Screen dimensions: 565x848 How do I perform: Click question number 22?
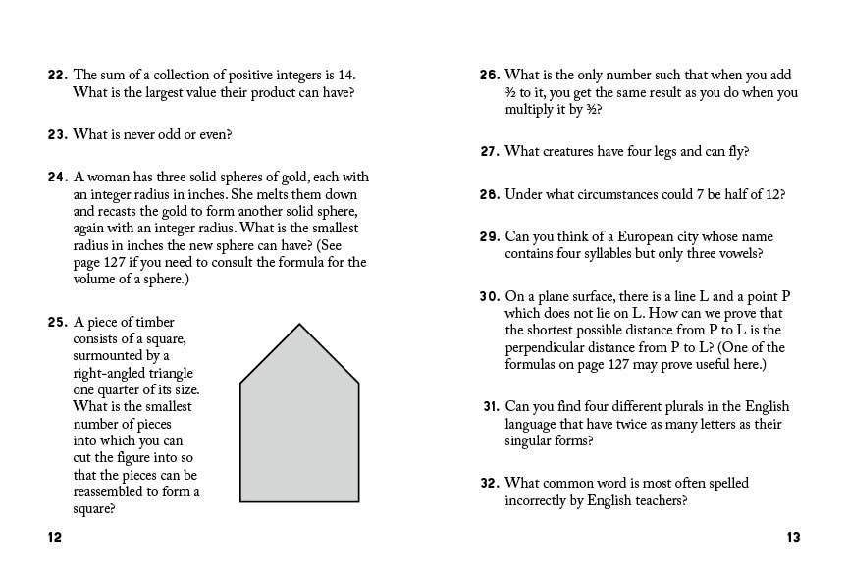[x=56, y=75]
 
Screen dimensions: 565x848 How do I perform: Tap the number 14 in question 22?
[x=346, y=75]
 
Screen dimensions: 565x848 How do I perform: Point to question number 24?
[x=56, y=178]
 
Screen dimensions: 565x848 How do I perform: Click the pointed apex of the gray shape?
[x=299, y=325]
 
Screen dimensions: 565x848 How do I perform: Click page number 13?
[x=793, y=537]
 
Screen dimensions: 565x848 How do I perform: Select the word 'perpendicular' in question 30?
[x=549, y=348]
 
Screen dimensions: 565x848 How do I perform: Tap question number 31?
[x=491, y=407]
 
